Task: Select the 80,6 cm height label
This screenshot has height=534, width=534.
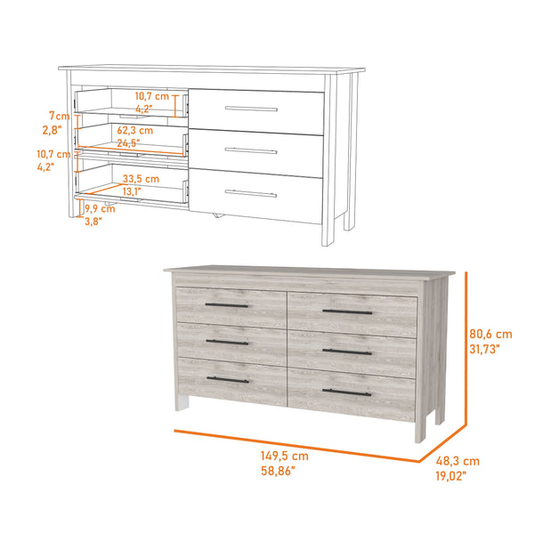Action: tap(490, 334)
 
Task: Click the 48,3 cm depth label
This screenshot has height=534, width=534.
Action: tap(459, 461)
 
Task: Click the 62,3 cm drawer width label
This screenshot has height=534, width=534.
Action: tap(134, 130)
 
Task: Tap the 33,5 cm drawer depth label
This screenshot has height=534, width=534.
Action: tap(141, 178)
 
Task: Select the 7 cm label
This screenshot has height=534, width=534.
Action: tap(58, 117)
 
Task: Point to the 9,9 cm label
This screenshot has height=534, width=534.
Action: tap(100, 210)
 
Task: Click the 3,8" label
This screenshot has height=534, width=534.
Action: tap(93, 222)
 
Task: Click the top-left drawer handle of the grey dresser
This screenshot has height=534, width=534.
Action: tap(227, 305)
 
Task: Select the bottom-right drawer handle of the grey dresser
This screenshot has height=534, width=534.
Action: tap(347, 392)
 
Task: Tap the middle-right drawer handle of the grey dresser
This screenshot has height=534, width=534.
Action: tap(347, 352)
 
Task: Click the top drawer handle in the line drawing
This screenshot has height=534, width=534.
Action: tap(251, 109)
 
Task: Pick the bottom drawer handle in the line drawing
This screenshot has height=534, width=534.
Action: tap(251, 192)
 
